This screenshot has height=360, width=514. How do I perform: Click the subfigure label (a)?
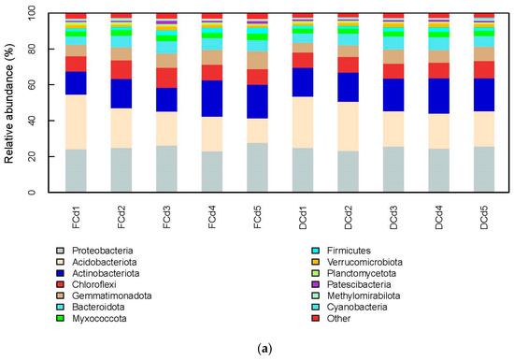257,349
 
